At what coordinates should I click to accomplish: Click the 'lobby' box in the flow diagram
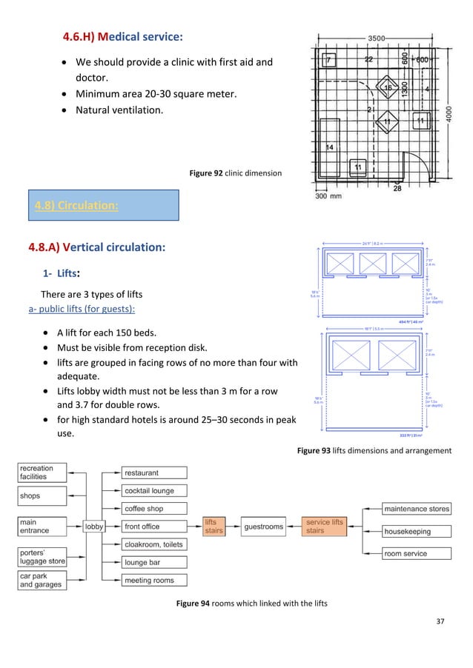94,527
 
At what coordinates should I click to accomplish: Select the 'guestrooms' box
263,527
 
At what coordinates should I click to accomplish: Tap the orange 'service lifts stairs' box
325,527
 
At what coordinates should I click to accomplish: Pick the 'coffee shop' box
154,509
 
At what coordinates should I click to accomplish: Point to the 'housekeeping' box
416,531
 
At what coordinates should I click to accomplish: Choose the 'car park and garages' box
42,580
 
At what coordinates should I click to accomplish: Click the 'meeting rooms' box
154,581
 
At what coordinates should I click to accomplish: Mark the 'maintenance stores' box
416,509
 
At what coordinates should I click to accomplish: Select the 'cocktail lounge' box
154,490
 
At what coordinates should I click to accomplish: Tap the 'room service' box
416,553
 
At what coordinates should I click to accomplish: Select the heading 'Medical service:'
123,36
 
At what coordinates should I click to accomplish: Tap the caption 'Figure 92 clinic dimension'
235,173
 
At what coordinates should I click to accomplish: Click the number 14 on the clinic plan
330,147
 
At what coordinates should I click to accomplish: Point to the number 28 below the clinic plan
397,189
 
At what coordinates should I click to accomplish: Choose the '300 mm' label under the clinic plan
329,196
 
